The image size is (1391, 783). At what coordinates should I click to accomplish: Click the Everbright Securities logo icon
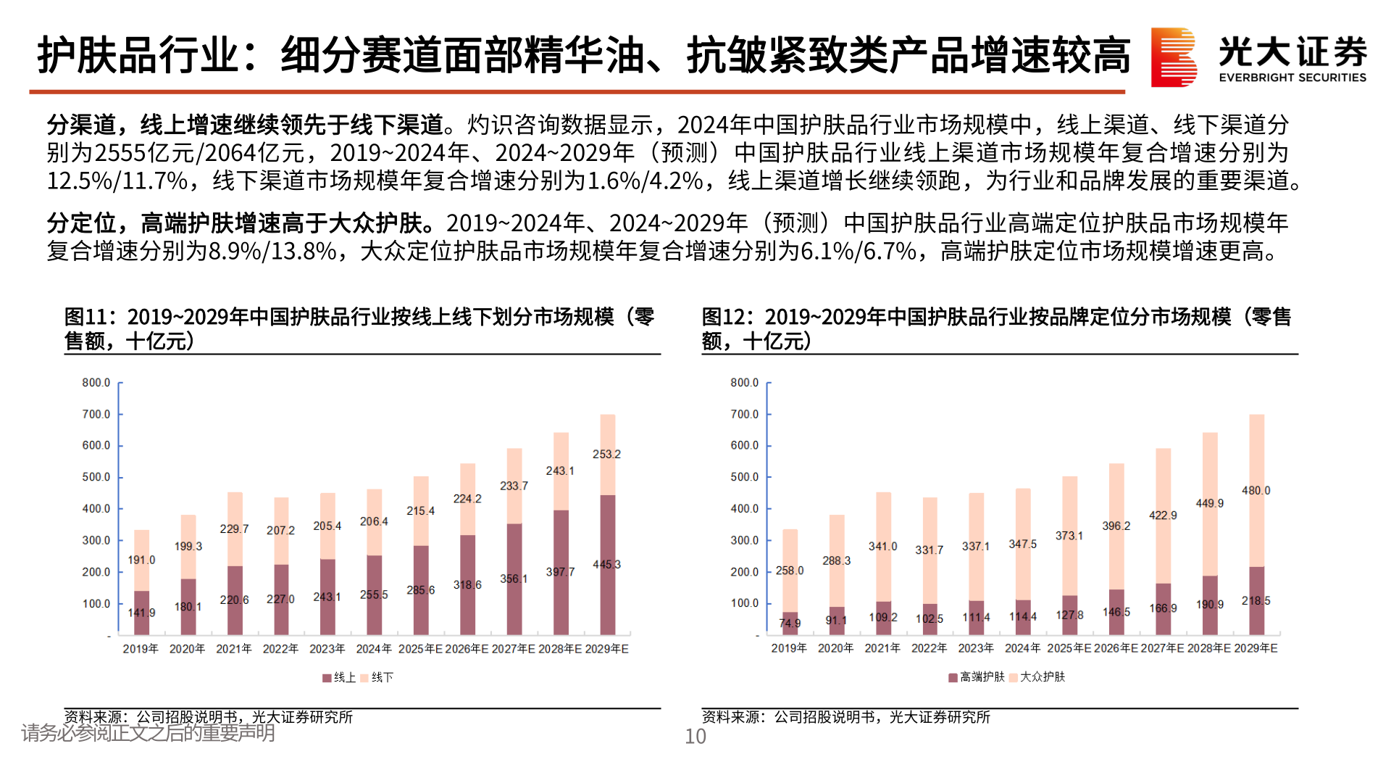click(1173, 57)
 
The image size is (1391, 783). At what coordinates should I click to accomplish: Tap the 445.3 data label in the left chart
click(606, 564)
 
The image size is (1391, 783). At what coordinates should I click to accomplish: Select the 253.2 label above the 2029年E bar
click(606, 454)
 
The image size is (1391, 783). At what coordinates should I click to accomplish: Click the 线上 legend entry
click(340, 677)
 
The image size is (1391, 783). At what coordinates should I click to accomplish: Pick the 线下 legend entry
click(377, 677)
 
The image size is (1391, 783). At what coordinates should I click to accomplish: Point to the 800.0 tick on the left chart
click(96, 382)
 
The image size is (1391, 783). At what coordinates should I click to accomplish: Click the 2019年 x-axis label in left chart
click(141, 649)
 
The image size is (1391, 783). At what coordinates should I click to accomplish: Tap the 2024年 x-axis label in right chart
click(1022, 648)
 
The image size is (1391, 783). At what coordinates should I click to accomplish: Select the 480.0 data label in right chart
click(1256, 490)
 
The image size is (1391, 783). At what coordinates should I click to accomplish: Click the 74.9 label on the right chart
click(790, 623)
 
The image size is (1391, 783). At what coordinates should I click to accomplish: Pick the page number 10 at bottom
click(695, 737)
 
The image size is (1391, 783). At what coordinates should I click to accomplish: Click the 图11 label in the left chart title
click(85, 317)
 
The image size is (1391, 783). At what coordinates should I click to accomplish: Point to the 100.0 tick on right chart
click(744, 603)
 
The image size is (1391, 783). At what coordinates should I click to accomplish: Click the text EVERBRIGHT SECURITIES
click(1292, 78)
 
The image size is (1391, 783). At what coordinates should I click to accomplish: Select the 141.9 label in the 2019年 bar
click(141, 613)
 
